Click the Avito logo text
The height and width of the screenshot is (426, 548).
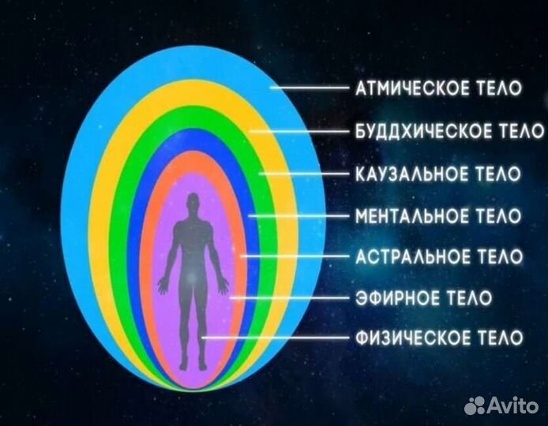pos(514,405)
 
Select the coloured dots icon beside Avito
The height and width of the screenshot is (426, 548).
pos(477,405)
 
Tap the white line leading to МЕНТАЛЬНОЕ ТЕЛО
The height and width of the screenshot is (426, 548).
pos(300,215)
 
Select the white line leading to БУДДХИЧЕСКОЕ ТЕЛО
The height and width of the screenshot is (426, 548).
pos(300,130)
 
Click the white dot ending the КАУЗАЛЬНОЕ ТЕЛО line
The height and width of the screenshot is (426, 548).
pos(261,173)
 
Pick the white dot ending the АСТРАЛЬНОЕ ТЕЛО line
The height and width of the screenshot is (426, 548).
pos(242,256)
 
